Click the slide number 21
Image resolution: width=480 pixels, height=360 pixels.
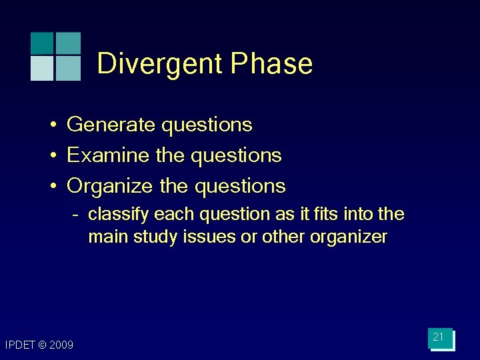438,337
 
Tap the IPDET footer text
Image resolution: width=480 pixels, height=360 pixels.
20,345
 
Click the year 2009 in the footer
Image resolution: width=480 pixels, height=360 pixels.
61,345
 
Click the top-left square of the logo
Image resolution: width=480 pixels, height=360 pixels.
42,43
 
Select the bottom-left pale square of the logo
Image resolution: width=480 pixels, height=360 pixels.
42,68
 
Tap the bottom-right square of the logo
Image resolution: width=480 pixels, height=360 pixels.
68,68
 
